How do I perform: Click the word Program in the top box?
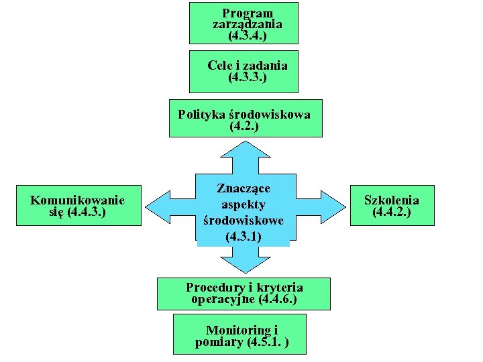(x=248, y=13)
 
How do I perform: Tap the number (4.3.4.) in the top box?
(x=247, y=35)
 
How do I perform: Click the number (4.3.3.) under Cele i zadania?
(x=247, y=77)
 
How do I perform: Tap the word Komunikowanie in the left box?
(x=78, y=200)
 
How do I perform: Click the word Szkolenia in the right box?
(x=392, y=200)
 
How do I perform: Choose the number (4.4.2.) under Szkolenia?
(x=392, y=212)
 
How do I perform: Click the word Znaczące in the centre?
(x=244, y=188)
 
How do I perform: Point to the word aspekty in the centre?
(x=244, y=204)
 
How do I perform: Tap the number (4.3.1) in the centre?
(x=244, y=236)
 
